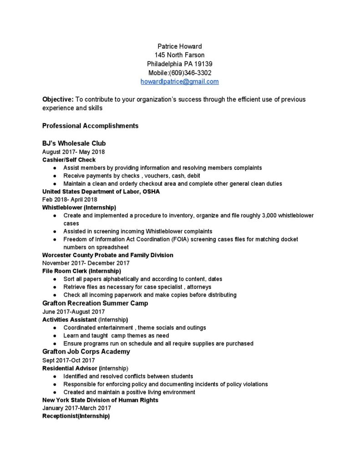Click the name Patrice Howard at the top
point(179,46)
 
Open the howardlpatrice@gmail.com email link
point(179,81)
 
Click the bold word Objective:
point(58,99)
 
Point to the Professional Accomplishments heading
point(90,125)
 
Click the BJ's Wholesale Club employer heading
point(74,143)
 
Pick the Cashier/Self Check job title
point(69,160)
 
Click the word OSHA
point(151,192)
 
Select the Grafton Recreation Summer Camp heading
point(95,303)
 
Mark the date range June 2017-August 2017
point(73,311)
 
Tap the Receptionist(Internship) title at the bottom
point(76,416)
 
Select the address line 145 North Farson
point(179,55)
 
